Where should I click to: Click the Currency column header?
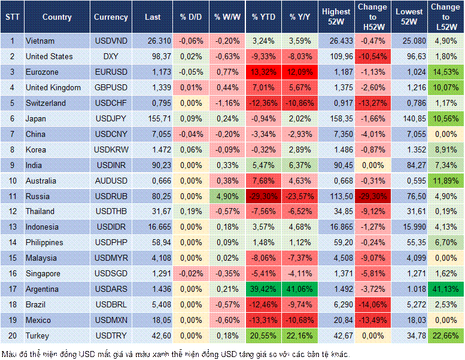click(111, 17)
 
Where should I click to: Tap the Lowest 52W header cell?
click(409, 17)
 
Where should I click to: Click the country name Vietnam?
click(40, 41)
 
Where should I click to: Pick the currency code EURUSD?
click(111, 72)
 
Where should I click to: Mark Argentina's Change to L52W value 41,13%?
click(445, 289)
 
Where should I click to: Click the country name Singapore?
click(44, 273)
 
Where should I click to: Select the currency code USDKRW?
click(111, 150)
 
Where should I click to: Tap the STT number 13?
click(11, 227)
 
